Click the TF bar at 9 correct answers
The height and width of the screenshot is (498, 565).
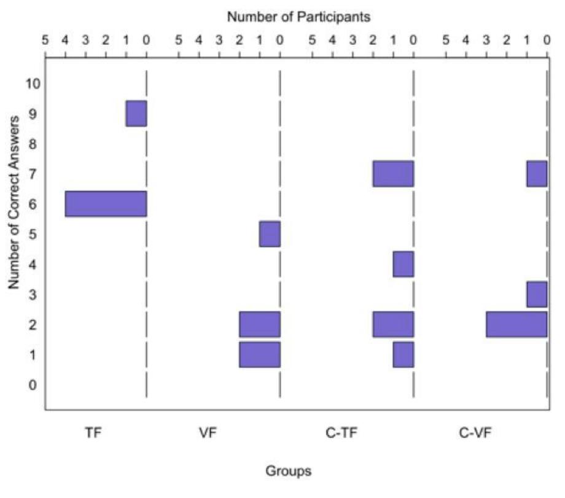[136, 114]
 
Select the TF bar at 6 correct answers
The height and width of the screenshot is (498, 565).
[106, 204]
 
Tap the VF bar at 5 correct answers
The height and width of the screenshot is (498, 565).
[270, 234]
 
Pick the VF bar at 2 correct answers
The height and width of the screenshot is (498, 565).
[260, 324]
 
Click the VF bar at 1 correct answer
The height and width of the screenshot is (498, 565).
[260, 354]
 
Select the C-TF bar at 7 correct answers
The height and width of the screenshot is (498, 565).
[393, 174]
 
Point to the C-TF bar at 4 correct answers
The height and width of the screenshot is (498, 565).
[403, 264]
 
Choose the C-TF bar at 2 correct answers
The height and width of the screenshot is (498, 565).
[393, 324]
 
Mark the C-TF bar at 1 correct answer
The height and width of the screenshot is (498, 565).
[403, 354]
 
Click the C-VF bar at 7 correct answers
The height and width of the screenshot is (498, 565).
[537, 174]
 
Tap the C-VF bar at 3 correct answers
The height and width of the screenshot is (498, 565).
[537, 294]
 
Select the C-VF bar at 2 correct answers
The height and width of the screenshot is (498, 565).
[516, 324]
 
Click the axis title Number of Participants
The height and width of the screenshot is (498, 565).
[298, 17]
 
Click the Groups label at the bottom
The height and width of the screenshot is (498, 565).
[288, 472]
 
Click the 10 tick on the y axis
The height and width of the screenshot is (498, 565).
[33, 84]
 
